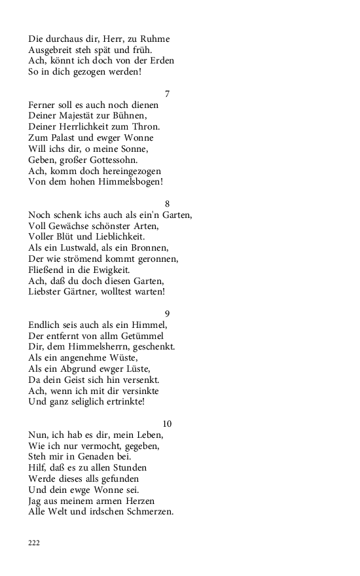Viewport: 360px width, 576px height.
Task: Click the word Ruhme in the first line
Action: pos(156,39)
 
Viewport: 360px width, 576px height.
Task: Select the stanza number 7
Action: pos(167,94)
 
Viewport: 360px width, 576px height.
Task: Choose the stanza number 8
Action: pos(167,204)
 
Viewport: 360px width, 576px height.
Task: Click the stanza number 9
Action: pos(167,314)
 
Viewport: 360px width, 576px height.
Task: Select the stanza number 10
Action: pos(167,423)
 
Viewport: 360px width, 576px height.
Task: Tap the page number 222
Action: pos(34,543)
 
